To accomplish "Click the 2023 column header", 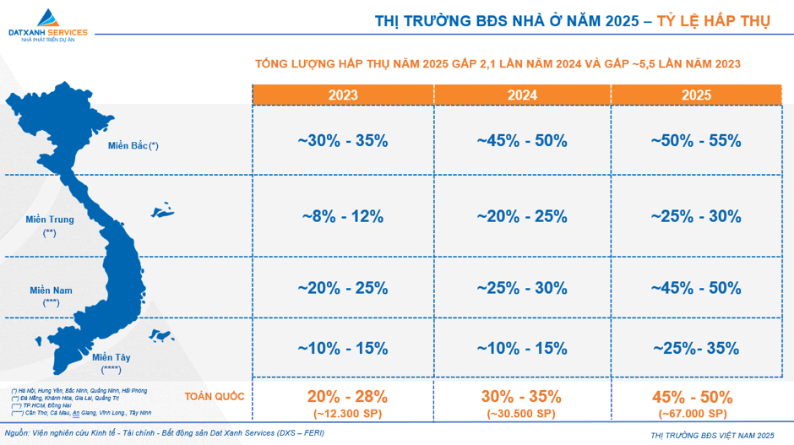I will [x=343, y=95].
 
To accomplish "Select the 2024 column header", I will [x=522, y=95].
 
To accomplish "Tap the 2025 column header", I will [x=696, y=95].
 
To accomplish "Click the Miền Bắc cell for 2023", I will [x=343, y=141].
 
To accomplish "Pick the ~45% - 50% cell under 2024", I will [x=522, y=141].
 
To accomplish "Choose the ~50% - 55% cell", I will [x=696, y=141].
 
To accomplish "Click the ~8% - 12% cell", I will [x=343, y=216].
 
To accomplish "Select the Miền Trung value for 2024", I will [x=522, y=216].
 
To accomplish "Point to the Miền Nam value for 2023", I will [x=343, y=288].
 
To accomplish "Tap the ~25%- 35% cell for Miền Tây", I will [x=696, y=348].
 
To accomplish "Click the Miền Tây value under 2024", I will [x=522, y=348].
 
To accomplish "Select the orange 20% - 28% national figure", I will [x=347, y=396].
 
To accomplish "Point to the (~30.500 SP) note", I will [x=522, y=413].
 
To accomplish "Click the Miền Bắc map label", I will [x=133, y=145].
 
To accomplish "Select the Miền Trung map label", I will [x=50, y=220].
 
